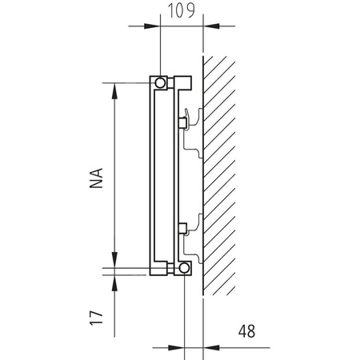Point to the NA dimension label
pyautogui.click(x=97, y=178)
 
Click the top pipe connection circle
pyautogui.click(x=161, y=82)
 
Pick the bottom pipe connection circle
pyautogui.click(x=184, y=268)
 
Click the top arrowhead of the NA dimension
pyautogui.click(x=116, y=90)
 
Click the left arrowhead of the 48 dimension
pyautogui.click(x=180, y=347)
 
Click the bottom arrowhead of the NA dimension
pyautogui.click(x=116, y=260)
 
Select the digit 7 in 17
pyautogui.click(x=97, y=310)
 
